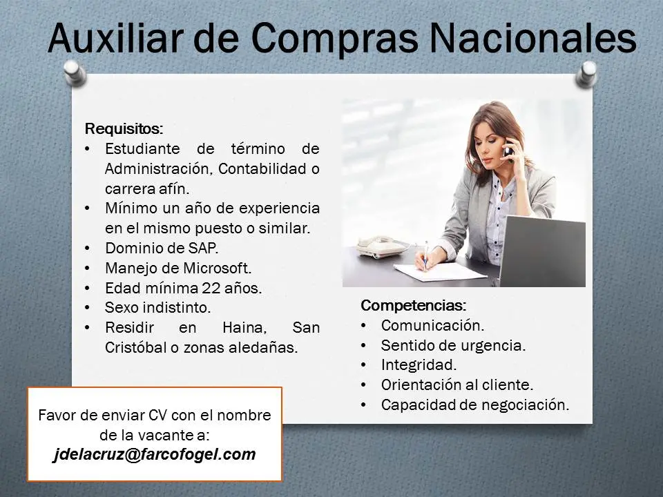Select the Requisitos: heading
coord(124,128)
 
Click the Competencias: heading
coord(413,305)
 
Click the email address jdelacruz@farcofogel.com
coord(155,455)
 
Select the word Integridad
coord(419,364)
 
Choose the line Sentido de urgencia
coord(453,344)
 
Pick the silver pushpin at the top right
coord(588,72)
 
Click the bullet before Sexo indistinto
coord(86,308)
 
